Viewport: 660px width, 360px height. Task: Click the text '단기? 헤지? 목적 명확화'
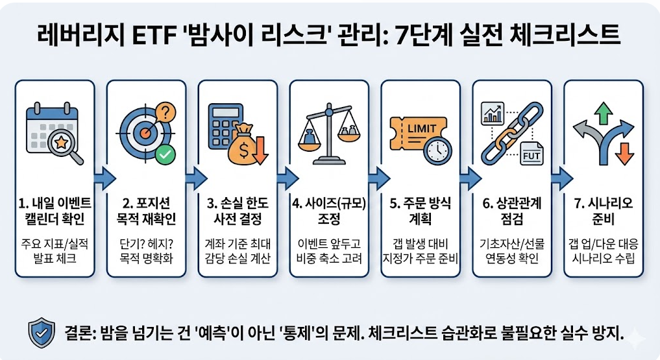tap(149, 254)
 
